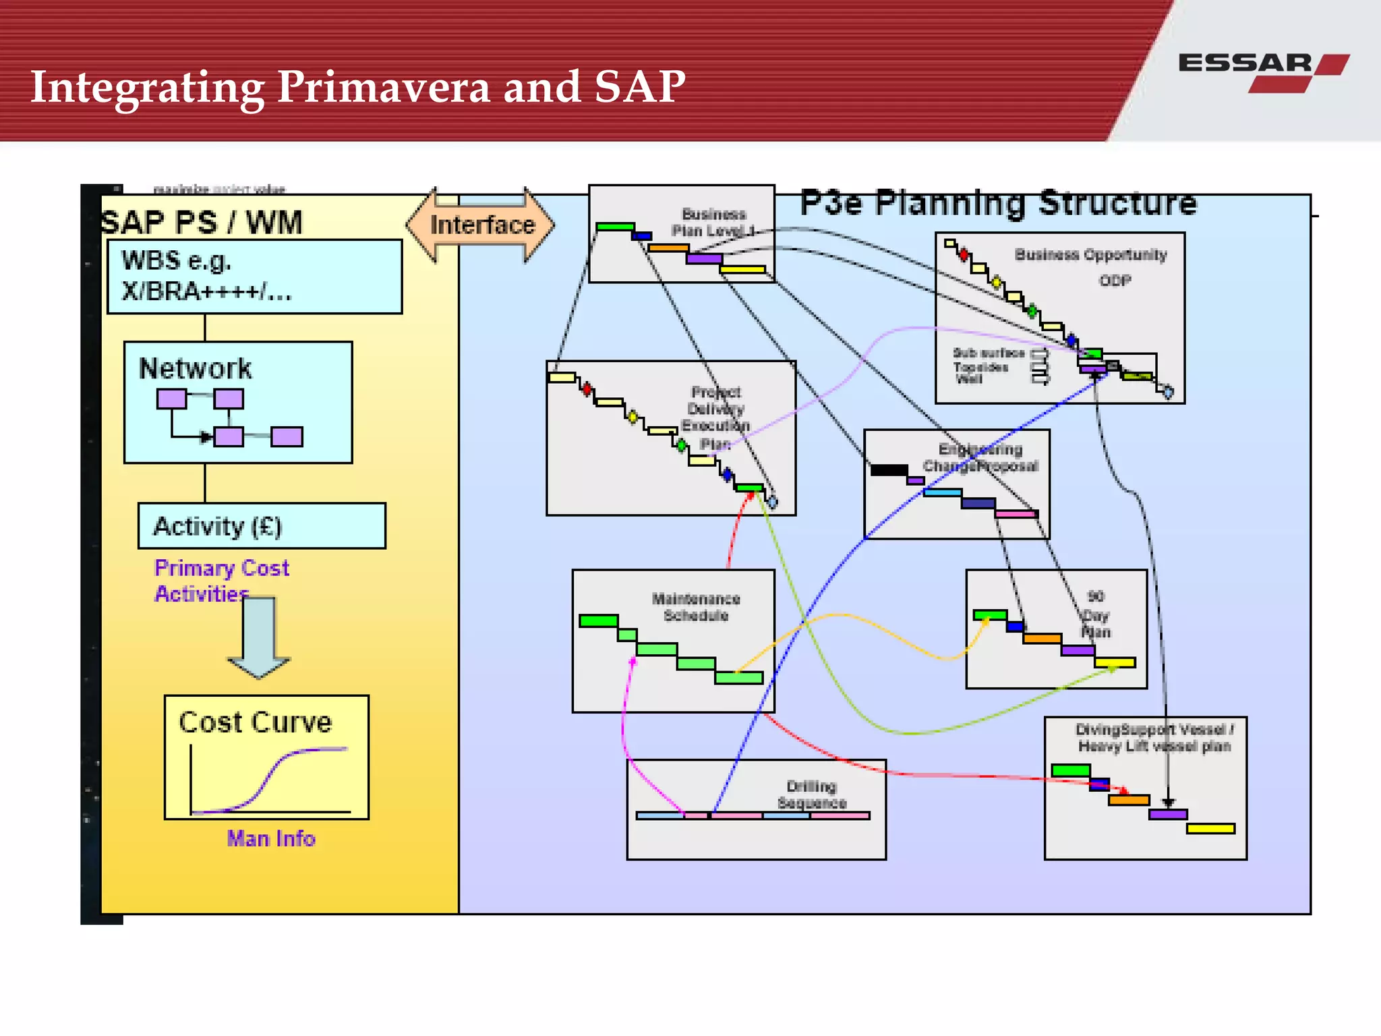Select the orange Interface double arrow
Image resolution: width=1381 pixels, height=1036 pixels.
click(481, 225)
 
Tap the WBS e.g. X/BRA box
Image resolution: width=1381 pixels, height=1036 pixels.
click(254, 277)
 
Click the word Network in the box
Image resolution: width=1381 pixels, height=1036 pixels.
click(195, 369)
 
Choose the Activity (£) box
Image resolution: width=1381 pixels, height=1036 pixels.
click(262, 526)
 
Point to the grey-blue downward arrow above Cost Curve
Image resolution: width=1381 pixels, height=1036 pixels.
click(259, 637)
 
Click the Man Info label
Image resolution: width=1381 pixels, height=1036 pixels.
click(271, 838)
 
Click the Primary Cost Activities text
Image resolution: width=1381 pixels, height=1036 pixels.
click(221, 581)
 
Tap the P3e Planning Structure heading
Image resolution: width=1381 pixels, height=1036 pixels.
click(997, 203)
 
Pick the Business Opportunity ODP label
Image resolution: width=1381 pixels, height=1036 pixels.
click(1090, 266)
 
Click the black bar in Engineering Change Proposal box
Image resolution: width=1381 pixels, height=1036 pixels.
click(889, 470)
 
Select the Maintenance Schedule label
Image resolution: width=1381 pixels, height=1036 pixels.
click(695, 607)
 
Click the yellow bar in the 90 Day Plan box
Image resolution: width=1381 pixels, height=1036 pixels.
click(1115, 663)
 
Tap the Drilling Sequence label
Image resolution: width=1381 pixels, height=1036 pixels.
click(811, 795)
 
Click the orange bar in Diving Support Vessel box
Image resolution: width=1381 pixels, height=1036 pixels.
click(1128, 800)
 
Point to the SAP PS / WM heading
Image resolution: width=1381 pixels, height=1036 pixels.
click(202, 223)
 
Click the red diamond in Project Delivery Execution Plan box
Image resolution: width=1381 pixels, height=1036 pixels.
click(587, 389)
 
